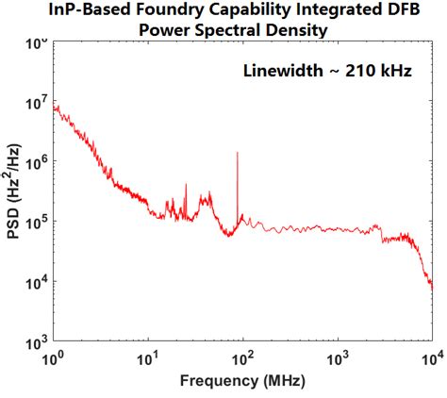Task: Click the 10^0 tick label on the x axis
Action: pyautogui.click(x=54, y=359)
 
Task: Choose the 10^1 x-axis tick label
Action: pyautogui.click(x=148, y=359)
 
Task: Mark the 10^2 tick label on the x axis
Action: pyautogui.click(x=243, y=359)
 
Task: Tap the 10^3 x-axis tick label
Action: pyautogui.click(x=338, y=359)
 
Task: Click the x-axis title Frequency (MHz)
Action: pyautogui.click(x=242, y=382)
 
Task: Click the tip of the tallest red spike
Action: pyautogui.click(x=238, y=152)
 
